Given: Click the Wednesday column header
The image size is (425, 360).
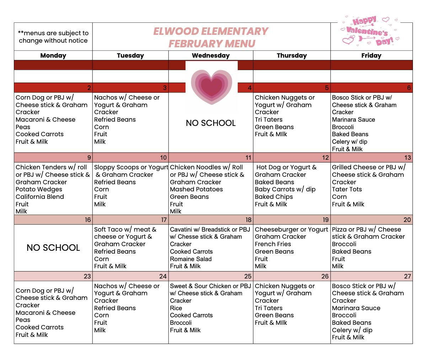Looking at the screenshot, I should (x=211, y=55).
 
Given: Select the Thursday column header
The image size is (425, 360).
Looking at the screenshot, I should (x=292, y=55).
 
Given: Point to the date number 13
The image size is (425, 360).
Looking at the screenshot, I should (x=407, y=158).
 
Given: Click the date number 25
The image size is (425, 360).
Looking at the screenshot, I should (x=248, y=276).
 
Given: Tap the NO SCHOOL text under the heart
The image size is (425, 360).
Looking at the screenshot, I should (x=211, y=123).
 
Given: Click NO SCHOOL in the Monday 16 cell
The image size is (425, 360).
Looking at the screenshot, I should (x=53, y=248).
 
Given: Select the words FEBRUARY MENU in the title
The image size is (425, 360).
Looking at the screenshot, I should (x=212, y=43).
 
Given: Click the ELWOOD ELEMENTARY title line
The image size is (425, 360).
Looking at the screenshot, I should (x=211, y=31).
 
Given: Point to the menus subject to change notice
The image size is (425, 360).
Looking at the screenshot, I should (x=53, y=37).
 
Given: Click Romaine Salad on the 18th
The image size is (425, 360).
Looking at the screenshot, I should (x=191, y=259).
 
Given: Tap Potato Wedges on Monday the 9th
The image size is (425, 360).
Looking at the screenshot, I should (x=39, y=189).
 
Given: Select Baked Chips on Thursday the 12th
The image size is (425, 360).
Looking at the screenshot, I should (x=274, y=197).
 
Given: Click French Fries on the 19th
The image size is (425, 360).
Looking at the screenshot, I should (x=273, y=244).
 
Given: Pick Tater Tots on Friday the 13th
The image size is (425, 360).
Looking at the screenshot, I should (x=347, y=189).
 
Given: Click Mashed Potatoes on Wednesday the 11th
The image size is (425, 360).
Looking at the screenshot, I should (x=197, y=189).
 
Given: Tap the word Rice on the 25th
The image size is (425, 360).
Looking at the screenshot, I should (x=176, y=308).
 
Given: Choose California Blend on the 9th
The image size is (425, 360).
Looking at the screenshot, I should (x=40, y=197).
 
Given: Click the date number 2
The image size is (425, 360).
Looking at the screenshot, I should (x=89, y=88).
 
